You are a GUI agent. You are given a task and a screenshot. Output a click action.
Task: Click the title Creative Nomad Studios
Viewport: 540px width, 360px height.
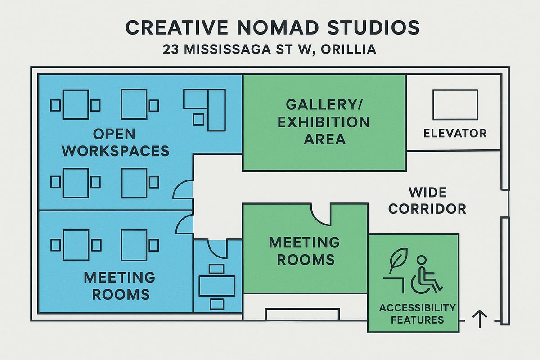coord(272,28)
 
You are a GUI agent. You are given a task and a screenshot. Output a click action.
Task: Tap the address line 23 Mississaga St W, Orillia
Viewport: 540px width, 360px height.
coord(270,49)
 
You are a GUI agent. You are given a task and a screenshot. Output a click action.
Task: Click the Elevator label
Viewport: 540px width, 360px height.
coord(455,133)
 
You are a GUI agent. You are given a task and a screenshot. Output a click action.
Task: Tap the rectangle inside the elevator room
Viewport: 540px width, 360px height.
coord(455,104)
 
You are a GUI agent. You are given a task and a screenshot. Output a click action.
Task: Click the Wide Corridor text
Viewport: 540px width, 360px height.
coord(427,201)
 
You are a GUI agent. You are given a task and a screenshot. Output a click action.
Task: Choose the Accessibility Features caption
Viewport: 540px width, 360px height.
coord(417,314)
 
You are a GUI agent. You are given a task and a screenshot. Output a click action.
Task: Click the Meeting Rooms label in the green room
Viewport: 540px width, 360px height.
coord(305,251)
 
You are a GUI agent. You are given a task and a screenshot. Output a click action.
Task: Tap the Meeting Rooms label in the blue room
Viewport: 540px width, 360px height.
coord(120,285)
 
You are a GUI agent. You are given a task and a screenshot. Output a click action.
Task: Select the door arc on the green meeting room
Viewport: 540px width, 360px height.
coord(321,214)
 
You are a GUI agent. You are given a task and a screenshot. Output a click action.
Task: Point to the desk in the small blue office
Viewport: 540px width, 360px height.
coord(217,286)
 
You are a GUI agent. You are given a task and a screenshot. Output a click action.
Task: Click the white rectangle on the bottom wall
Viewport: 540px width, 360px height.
coord(302,314)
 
